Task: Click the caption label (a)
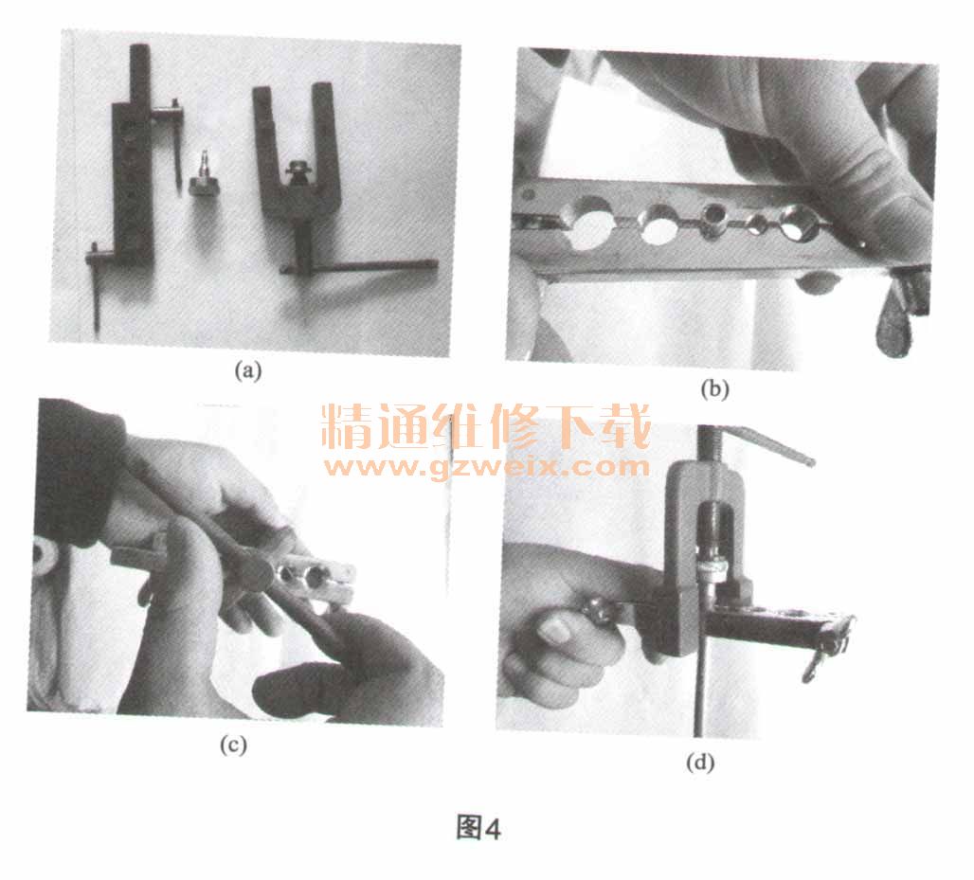248,371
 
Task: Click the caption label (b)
714,389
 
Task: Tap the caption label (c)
233,745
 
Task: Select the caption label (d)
700,762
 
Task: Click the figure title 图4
478,828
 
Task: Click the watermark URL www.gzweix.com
486,466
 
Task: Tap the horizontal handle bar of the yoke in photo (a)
359,266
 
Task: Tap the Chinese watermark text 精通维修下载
486,426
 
